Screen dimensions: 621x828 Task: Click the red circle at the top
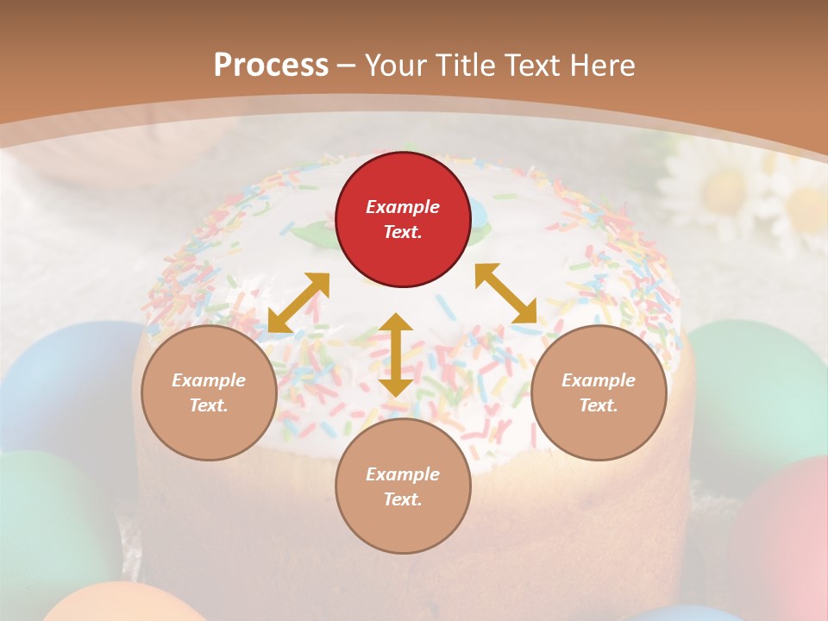[x=403, y=220]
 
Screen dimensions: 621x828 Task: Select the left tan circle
[x=209, y=392]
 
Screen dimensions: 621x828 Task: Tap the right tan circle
[x=599, y=392]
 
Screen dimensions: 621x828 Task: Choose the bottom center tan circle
[x=403, y=486]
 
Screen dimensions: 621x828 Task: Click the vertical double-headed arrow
[x=396, y=354]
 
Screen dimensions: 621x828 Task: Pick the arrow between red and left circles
[x=298, y=303]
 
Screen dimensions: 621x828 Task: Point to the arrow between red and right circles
[x=505, y=294]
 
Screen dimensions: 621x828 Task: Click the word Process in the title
[x=271, y=65]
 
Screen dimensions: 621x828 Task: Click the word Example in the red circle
[x=403, y=207]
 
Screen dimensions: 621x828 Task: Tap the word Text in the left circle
[x=209, y=405]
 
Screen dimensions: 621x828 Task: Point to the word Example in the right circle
[x=599, y=380]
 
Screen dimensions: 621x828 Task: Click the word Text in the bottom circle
[x=403, y=499]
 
